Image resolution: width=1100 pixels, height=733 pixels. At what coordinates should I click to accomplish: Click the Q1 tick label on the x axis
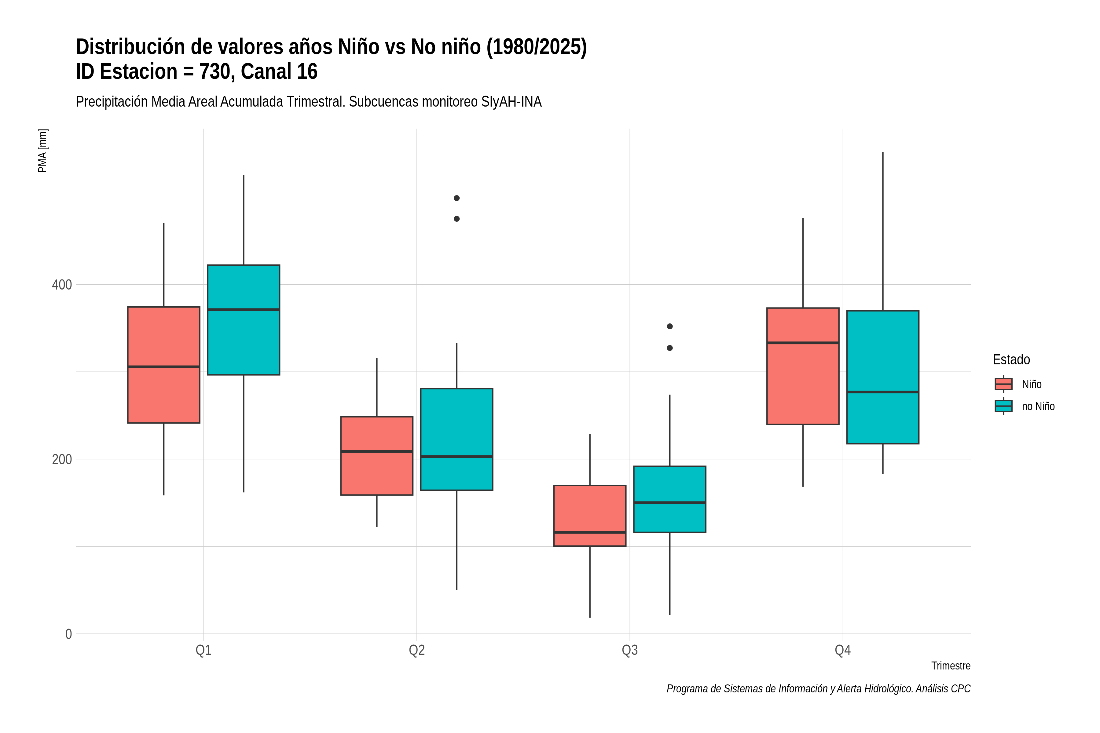pyautogui.click(x=204, y=650)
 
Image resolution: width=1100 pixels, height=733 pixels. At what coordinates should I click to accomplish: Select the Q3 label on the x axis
pyautogui.click(x=629, y=650)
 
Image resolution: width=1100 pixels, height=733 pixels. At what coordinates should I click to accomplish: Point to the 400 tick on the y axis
pyautogui.click(x=62, y=285)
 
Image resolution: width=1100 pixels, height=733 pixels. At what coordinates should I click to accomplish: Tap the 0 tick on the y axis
pyautogui.click(x=68, y=634)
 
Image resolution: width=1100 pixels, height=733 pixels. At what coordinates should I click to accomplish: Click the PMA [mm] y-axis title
pyautogui.click(x=42, y=151)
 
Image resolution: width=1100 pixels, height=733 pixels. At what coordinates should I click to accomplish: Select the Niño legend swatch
pyautogui.click(x=1003, y=384)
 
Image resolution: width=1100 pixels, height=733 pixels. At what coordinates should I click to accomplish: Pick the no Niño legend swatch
pyautogui.click(x=1003, y=406)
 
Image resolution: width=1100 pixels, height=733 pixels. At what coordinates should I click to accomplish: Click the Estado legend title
pyautogui.click(x=1011, y=359)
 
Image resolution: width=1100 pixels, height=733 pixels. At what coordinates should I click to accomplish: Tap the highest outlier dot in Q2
pyautogui.click(x=457, y=198)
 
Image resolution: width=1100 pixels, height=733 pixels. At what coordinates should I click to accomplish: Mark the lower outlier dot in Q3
pyautogui.click(x=670, y=348)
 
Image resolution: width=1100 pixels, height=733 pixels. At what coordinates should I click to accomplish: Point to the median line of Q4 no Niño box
pyautogui.click(x=882, y=392)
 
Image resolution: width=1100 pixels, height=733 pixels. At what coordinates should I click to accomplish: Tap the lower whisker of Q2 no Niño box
pyautogui.click(x=457, y=540)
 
